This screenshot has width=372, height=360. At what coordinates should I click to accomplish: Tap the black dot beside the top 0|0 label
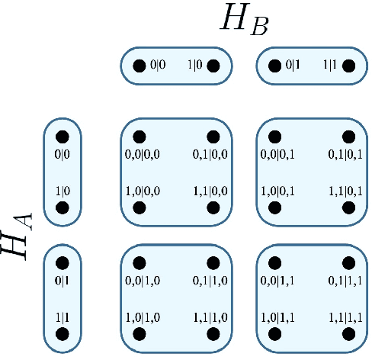coord(139,66)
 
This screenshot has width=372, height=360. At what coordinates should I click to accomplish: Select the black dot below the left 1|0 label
coord(63,207)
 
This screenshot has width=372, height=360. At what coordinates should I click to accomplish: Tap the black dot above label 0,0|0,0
coord(139,137)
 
